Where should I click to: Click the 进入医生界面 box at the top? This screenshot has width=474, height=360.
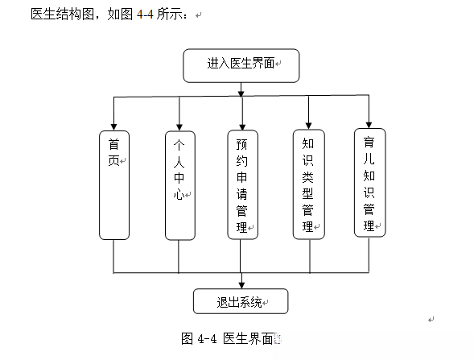[241, 65]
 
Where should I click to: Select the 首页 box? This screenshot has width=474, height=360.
[114, 184]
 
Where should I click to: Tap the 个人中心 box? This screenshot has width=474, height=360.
[179, 184]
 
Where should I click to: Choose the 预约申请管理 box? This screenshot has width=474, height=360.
[242, 184]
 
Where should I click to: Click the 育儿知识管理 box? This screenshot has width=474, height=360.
[369, 182]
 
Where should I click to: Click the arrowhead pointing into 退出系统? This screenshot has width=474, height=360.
[242, 283]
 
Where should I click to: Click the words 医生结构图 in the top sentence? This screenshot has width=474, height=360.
[62, 14]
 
